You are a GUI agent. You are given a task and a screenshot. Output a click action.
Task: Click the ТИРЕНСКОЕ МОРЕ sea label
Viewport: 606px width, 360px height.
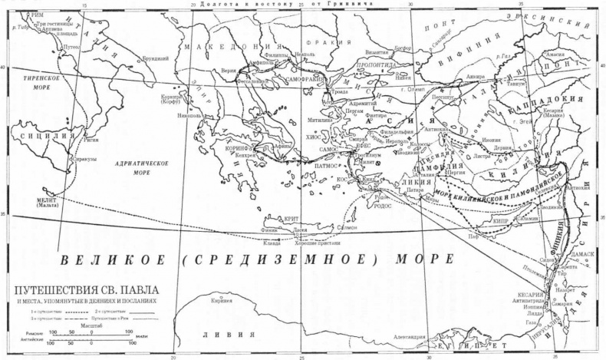coord(30,84)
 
